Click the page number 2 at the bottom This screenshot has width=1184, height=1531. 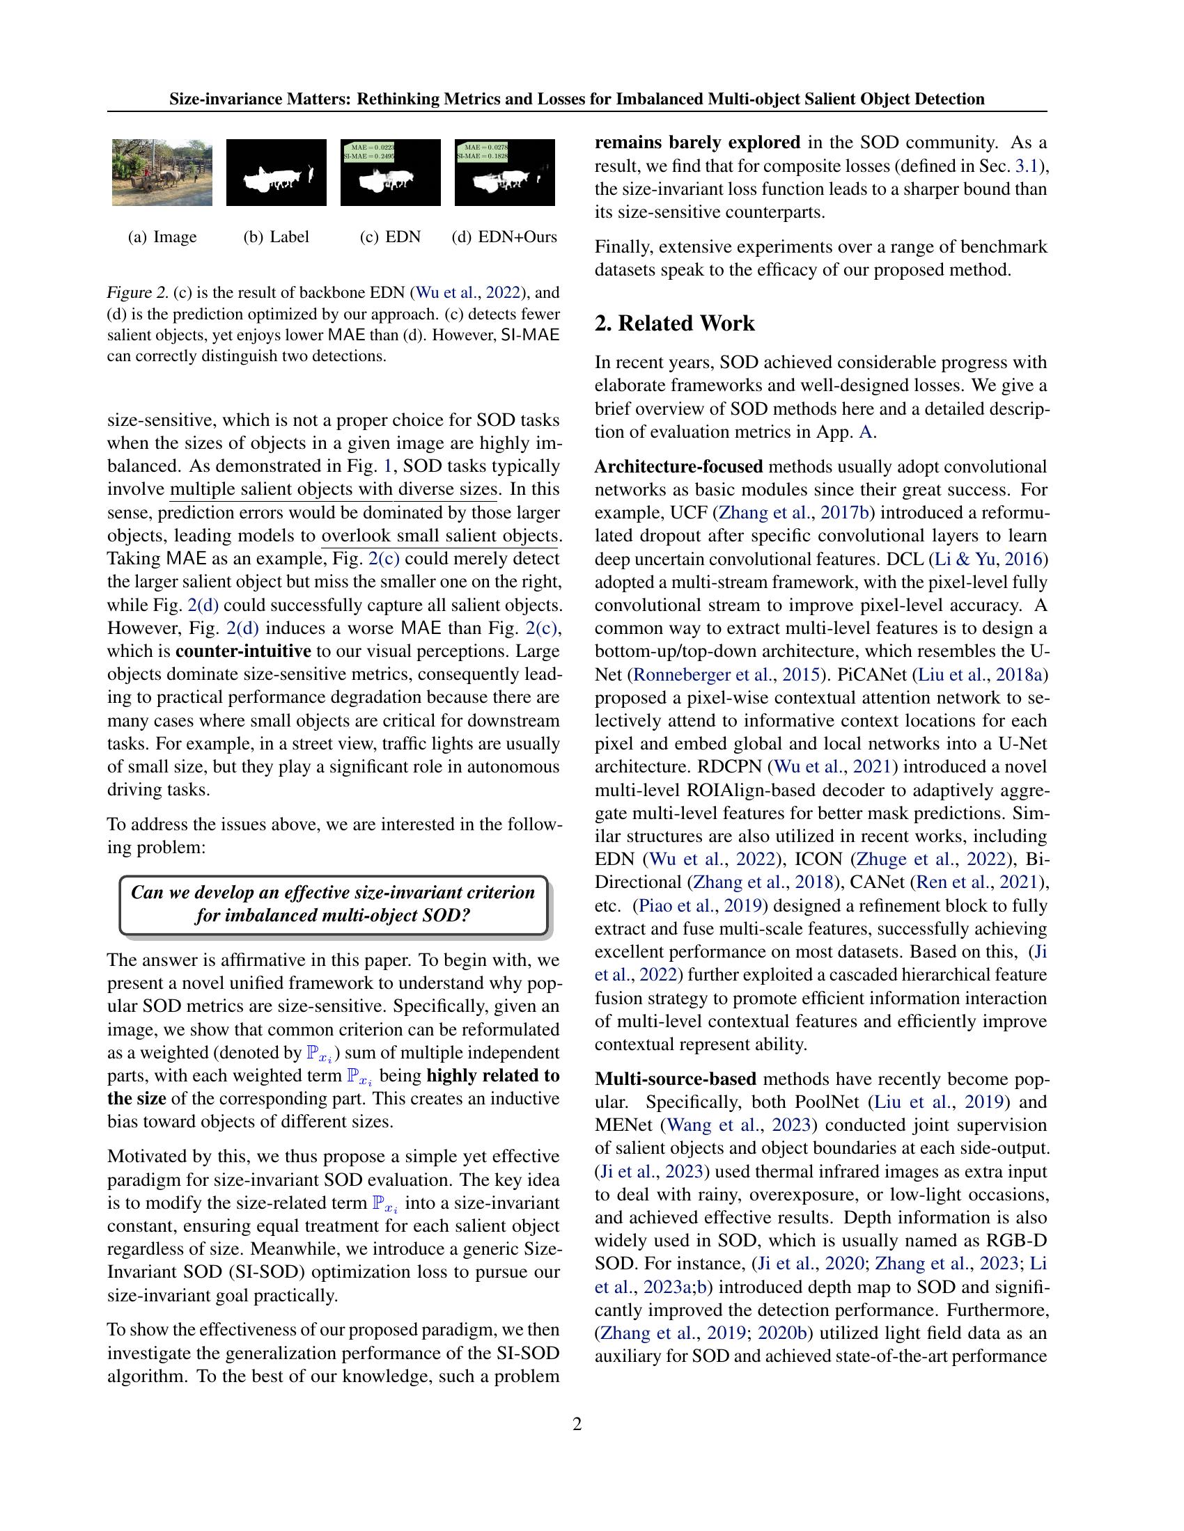pos(577,1424)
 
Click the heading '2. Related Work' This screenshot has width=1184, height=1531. pos(675,323)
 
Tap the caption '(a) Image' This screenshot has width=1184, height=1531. pos(162,237)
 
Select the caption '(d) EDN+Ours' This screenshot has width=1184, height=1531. pos(504,237)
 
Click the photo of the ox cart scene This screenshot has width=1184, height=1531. pos(162,173)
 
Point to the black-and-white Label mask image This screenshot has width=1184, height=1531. pos(276,173)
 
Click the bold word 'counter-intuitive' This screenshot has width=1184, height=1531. pos(243,651)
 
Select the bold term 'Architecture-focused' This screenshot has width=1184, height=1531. pos(678,467)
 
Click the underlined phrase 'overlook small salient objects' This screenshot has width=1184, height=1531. pos(439,537)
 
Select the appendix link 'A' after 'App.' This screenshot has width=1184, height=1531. pos(866,432)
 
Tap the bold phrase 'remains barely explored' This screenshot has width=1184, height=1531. pos(697,143)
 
